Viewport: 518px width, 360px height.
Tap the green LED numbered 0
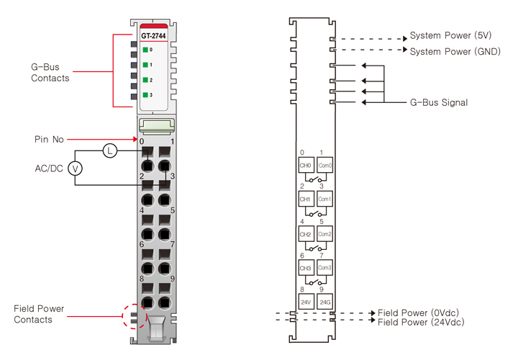tap(145, 50)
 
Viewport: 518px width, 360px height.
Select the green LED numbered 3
tap(145, 95)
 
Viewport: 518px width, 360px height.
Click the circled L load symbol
tap(109, 150)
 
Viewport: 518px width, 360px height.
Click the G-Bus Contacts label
tap(50, 72)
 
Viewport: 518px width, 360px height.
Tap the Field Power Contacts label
tap(39, 314)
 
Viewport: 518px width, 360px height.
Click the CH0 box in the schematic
tap(305, 166)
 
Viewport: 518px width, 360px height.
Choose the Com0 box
tap(324, 166)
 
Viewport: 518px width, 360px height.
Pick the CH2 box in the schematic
tap(305, 234)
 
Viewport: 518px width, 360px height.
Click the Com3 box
tap(324, 268)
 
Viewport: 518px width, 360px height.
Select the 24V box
tap(305, 302)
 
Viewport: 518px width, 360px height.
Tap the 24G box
tap(324, 302)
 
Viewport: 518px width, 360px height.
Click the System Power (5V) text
tap(450, 35)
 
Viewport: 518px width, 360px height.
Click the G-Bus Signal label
tap(439, 103)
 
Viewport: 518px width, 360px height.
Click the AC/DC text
tap(48, 168)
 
